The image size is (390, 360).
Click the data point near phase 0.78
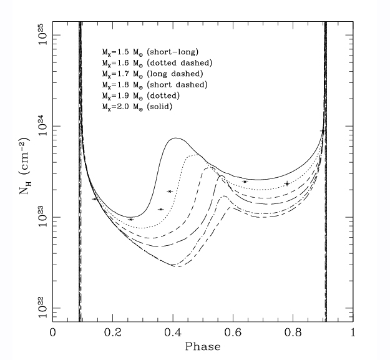coord(287,183)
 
